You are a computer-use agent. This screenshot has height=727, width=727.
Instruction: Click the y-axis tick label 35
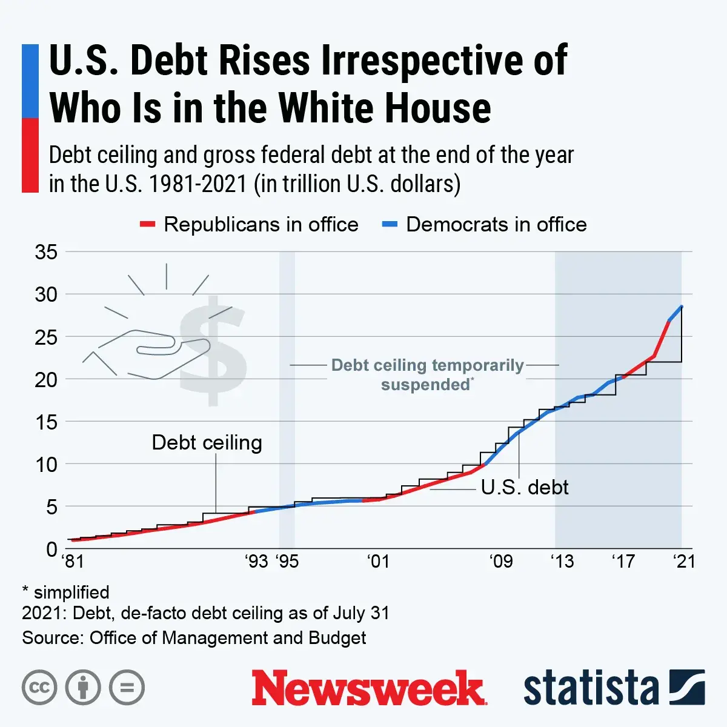coord(46,252)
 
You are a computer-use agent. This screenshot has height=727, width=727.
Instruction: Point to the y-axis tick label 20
coord(46,380)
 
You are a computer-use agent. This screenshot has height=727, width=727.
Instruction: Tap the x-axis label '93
coord(256,562)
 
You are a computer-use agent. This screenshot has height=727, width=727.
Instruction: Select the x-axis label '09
coord(501,562)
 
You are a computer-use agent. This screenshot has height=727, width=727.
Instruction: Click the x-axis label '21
coord(685,562)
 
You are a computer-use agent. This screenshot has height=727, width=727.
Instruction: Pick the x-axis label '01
coord(378,562)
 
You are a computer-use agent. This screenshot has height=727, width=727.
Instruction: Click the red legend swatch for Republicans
coord(147,225)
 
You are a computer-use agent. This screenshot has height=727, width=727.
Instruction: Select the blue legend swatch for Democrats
coord(390,225)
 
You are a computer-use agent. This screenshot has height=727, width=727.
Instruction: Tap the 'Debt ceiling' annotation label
coord(207,442)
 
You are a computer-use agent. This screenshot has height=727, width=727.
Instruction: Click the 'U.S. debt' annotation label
coord(525,487)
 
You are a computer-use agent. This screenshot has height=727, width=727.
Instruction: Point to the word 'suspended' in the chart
coord(425,385)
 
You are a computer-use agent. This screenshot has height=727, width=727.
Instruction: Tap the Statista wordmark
coord(591,688)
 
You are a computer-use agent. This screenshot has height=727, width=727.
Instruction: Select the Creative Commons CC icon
coord(39,688)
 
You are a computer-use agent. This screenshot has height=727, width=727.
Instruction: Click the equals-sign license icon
coord(127,688)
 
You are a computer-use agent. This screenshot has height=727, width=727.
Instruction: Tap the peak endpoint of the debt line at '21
coord(682,307)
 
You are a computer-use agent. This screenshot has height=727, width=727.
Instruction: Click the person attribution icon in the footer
coord(83,688)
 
